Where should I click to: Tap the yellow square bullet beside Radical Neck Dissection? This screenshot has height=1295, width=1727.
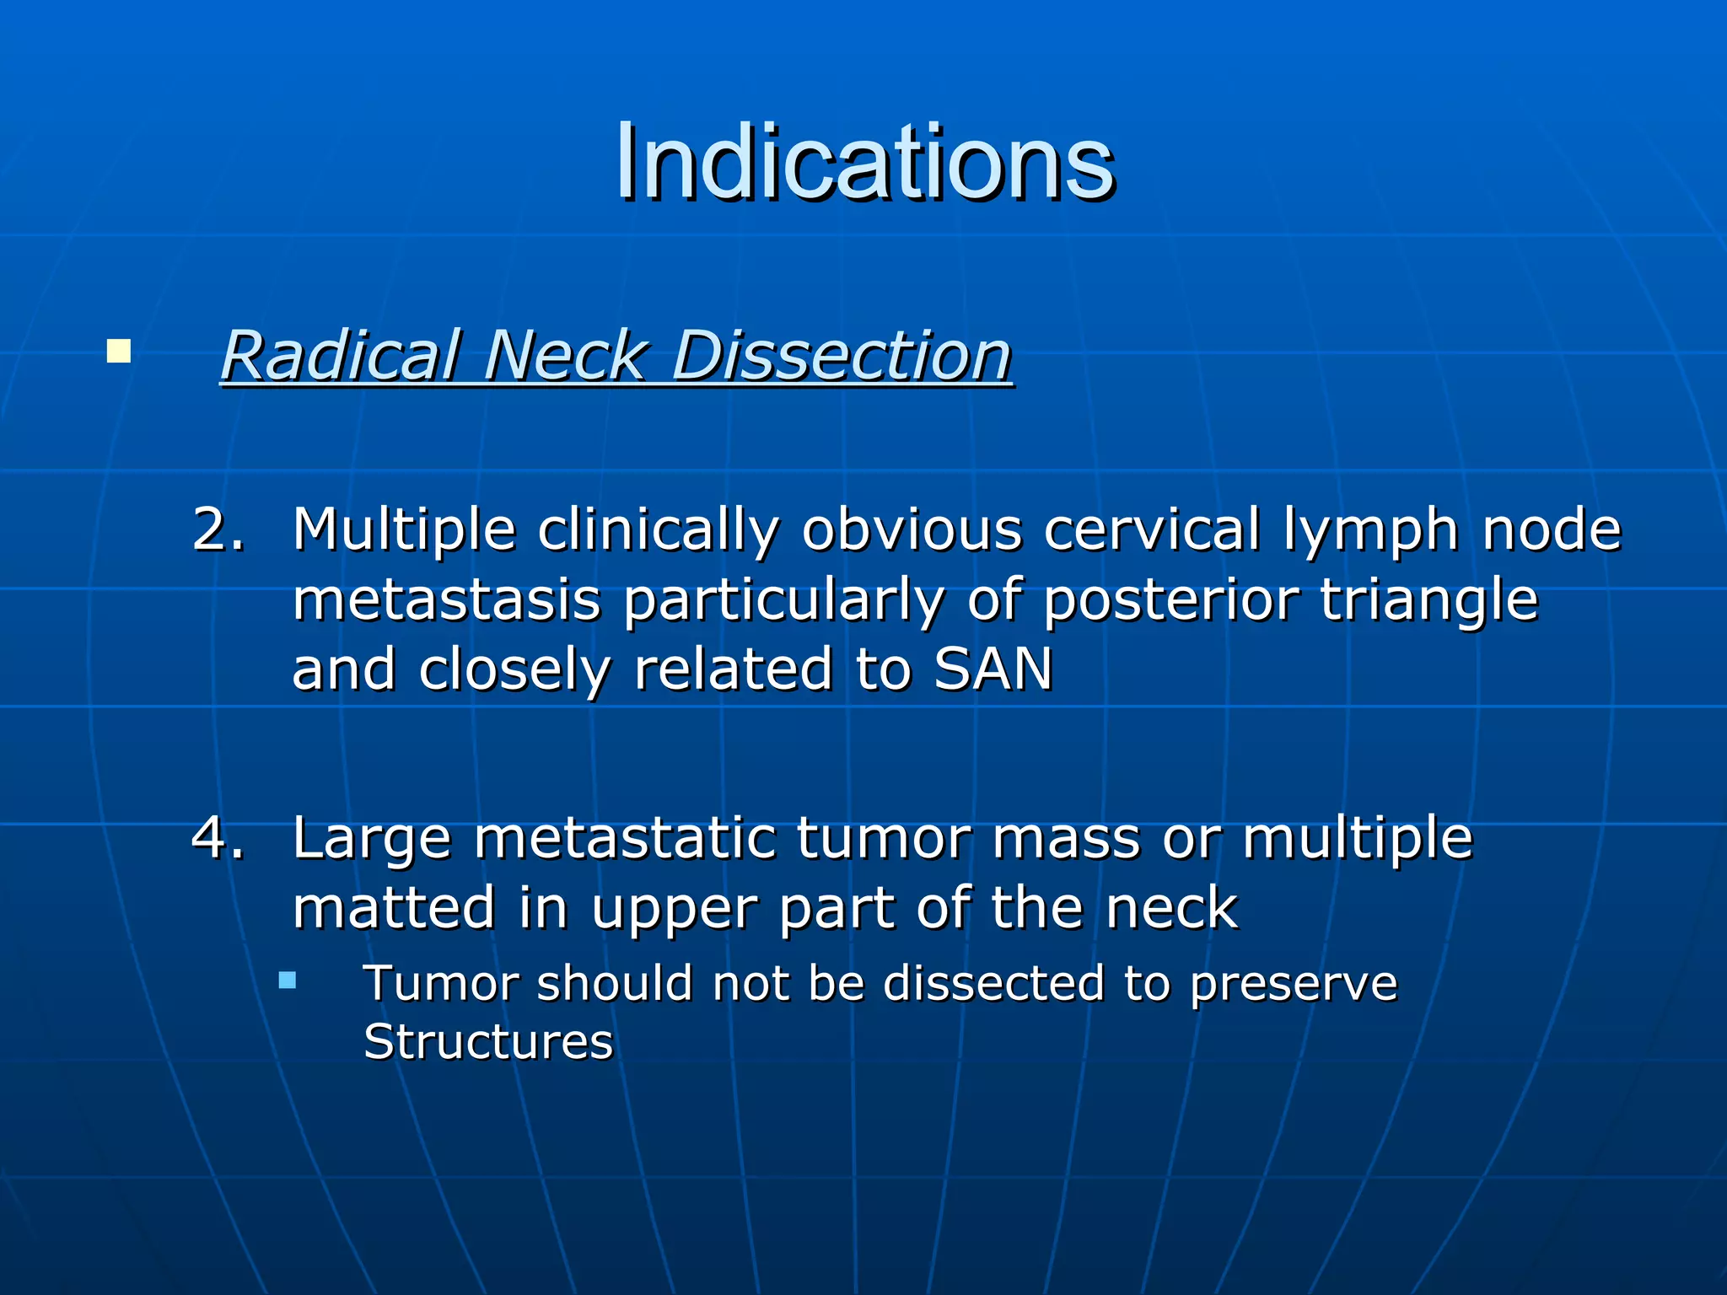[119, 351]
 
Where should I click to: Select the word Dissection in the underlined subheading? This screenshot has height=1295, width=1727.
[841, 356]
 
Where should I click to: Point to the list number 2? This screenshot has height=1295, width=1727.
[218, 530]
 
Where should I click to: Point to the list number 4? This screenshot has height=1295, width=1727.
[218, 839]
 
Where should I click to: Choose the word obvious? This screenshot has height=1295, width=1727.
[912, 530]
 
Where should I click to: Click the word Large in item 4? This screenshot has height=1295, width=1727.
[371, 839]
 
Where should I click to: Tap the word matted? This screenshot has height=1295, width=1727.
[394, 908]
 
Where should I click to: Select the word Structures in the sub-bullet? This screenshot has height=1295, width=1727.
[487, 1042]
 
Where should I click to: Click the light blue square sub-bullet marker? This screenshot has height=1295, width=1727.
[288, 981]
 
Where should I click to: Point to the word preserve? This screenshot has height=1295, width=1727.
[1293, 984]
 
